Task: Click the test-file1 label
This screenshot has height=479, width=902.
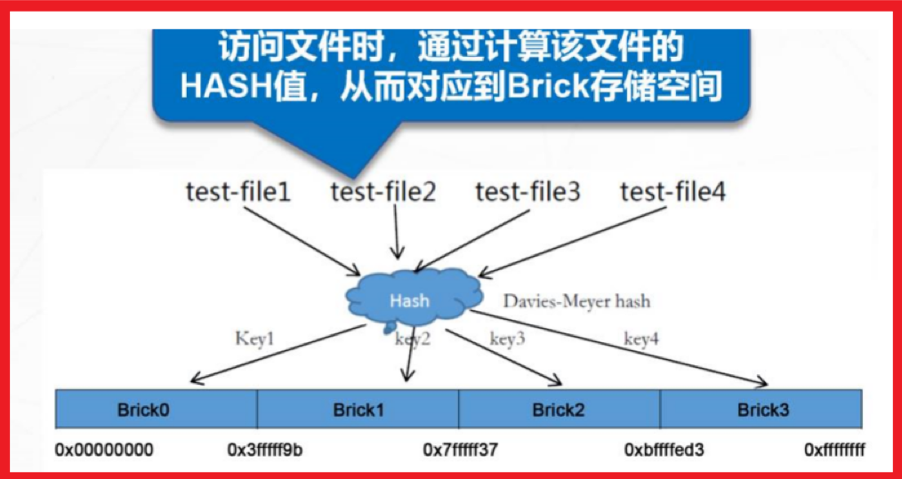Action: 238,191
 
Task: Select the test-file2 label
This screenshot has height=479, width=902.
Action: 383,191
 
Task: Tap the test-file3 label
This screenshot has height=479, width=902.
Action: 528,191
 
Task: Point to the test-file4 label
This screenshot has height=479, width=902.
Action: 672,191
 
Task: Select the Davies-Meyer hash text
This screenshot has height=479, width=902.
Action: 576,301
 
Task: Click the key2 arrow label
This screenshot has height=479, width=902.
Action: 413,339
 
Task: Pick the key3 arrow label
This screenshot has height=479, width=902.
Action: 508,339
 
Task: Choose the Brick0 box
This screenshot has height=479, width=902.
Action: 157,410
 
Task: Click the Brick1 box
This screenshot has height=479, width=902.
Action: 358,410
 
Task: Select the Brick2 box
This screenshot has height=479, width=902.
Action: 559,410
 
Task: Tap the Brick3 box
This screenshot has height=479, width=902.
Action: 762,410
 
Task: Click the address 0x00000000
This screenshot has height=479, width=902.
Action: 104,450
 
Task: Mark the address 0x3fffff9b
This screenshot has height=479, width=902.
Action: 265,450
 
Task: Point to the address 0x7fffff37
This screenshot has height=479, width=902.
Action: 460,450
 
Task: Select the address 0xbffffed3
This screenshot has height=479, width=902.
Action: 664,450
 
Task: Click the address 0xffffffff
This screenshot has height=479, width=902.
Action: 834,450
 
